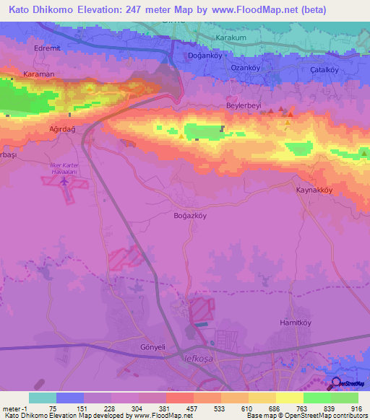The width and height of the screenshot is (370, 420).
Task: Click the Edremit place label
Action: (x=45, y=48)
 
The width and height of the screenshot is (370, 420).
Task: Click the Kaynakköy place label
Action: (x=314, y=190)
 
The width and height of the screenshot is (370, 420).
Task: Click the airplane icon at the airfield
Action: (x=66, y=183)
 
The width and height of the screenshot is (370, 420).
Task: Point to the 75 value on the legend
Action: (x=53, y=408)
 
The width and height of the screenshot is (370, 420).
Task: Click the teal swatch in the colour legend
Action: (x=42, y=398)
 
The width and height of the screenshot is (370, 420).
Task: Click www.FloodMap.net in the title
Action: (x=244, y=10)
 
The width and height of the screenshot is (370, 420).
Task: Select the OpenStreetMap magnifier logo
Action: (x=335, y=382)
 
